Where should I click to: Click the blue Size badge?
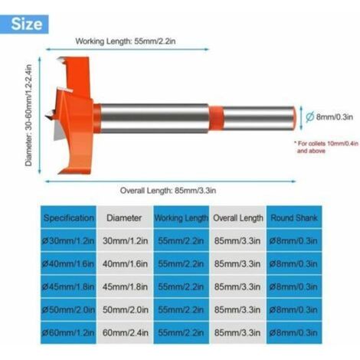(x=25, y=25)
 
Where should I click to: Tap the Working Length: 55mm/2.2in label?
(x=126, y=41)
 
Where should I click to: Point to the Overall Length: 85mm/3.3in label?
(x=168, y=191)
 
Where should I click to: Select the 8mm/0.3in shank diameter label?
(x=335, y=117)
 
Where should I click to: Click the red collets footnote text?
(x=326, y=147)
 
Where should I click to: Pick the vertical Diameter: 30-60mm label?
(x=29, y=116)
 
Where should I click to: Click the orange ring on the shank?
(x=216, y=118)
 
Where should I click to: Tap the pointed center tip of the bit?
(x=46, y=116)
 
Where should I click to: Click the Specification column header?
(x=68, y=218)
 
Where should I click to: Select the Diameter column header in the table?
(x=124, y=218)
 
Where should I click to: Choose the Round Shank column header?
(x=294, y=218)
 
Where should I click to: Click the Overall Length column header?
(x=238, y=218)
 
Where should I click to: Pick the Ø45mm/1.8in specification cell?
(x=68, y=286)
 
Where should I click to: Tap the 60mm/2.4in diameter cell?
(x=125, y=332)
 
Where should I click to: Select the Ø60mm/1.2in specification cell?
(x=68, y=332)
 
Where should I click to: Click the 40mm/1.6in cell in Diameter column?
(x=125, y=263)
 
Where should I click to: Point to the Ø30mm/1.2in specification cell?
(x=68, y=241)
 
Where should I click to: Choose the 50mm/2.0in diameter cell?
(x=125, y=309)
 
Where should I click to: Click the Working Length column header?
(x=182, y=218)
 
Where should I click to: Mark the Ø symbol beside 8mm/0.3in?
(x=310, y=117)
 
